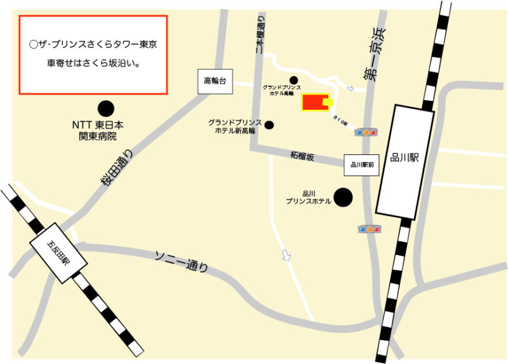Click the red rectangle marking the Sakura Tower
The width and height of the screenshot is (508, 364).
[313, 102]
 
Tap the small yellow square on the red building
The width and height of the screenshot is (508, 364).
[328, 102]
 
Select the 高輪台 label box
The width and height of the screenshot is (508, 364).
[215, 81]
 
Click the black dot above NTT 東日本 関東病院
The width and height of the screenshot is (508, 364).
[106, 110]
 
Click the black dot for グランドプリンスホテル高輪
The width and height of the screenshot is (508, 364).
[293, 80]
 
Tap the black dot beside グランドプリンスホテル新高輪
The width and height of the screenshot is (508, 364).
[269, 125]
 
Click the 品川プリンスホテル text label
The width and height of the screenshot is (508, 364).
[309, 198]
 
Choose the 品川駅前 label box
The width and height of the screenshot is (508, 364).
[361, 165]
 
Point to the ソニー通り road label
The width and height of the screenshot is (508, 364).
[182, 261]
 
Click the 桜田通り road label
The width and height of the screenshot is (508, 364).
[117, 168]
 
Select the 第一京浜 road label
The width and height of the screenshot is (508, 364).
[375, 54]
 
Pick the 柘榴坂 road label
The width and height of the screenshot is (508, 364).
[302, 156]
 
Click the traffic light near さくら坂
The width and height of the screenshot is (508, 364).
[366, 132]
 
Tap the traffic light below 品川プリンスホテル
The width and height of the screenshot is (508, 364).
[369, 229]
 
